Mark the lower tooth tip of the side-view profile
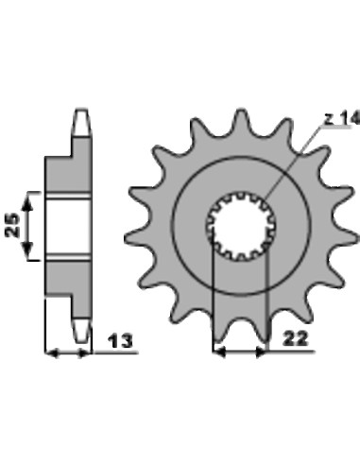[83, 331]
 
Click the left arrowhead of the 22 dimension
[218, 353]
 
